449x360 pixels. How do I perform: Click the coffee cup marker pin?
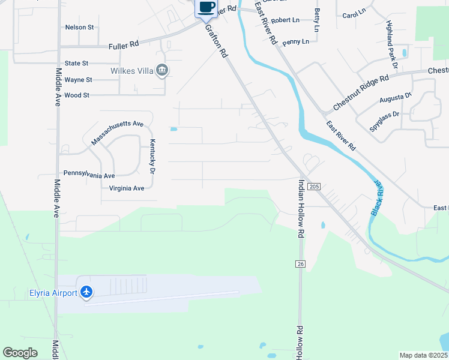(x=206, y=7)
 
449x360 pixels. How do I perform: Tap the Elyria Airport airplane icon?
(x=87, y=292)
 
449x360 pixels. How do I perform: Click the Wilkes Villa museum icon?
(x=161, y=71)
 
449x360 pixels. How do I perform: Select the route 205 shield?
(x=313, y=187)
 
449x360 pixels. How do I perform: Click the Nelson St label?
(x=79, y=28)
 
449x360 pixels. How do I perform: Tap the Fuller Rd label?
(x=124, y=45)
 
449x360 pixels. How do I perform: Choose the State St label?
(x=76, y=63)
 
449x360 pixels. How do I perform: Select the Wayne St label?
(x=78, y=79)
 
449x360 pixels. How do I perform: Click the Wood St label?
(x=76, y=95)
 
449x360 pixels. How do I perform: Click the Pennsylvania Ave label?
(x=89, y=176)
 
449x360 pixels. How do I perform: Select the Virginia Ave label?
(x=127, y=188)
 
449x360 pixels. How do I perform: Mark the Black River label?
(x=377, y=199)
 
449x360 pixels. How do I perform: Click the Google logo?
(x=20, y=353)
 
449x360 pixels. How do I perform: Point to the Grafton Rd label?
(x=217, y=41)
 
